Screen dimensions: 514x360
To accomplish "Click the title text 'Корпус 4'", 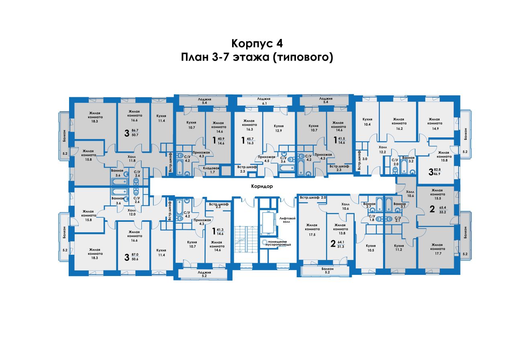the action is pos(257,43).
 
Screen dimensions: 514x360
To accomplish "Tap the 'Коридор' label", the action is pos(262,186).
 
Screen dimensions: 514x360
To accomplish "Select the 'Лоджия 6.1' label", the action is pos(264,101).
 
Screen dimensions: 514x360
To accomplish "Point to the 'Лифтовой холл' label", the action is pos(287,220).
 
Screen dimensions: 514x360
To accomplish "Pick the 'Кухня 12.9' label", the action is pos(279,128).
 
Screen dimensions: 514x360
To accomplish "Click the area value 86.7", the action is pos(135,131).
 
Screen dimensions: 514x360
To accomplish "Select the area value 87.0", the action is pos(135,255).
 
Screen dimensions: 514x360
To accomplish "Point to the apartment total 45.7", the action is pos(250,139).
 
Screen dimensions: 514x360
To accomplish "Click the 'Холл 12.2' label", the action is pos(382,149).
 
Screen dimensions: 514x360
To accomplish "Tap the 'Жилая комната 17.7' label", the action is pos(438,249).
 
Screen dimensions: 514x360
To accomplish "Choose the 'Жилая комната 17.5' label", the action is pos(312,229).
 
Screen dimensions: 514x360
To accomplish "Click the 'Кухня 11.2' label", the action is pos(399,247).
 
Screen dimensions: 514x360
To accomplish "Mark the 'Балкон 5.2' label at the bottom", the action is pos(327,270).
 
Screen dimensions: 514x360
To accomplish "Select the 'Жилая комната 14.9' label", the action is pos(434,124).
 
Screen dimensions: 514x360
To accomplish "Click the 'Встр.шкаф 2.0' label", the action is pos(313,197).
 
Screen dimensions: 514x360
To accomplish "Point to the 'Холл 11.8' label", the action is pos(132,159).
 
